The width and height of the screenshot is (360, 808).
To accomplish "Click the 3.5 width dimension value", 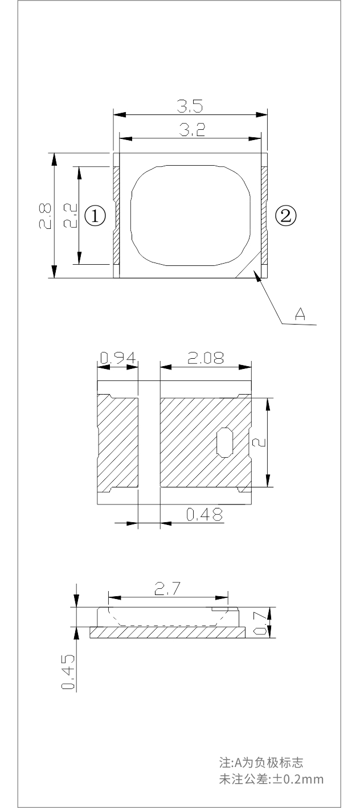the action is (190, 106).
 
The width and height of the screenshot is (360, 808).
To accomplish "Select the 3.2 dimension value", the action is (193, 130).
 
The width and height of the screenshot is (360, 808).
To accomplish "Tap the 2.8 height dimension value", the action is (46, 216).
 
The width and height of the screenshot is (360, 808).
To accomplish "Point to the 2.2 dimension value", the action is (70, 215).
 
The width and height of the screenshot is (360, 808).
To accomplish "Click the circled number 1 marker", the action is (95, 216).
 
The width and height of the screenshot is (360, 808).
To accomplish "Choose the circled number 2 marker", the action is (286, 216).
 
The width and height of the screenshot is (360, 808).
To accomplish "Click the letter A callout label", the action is (300, 313).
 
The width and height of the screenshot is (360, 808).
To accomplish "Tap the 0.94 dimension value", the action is (118, 358).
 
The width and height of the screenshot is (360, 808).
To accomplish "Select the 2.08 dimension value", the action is (206, 358).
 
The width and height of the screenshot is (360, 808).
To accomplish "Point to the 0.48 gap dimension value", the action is (204, 514).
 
